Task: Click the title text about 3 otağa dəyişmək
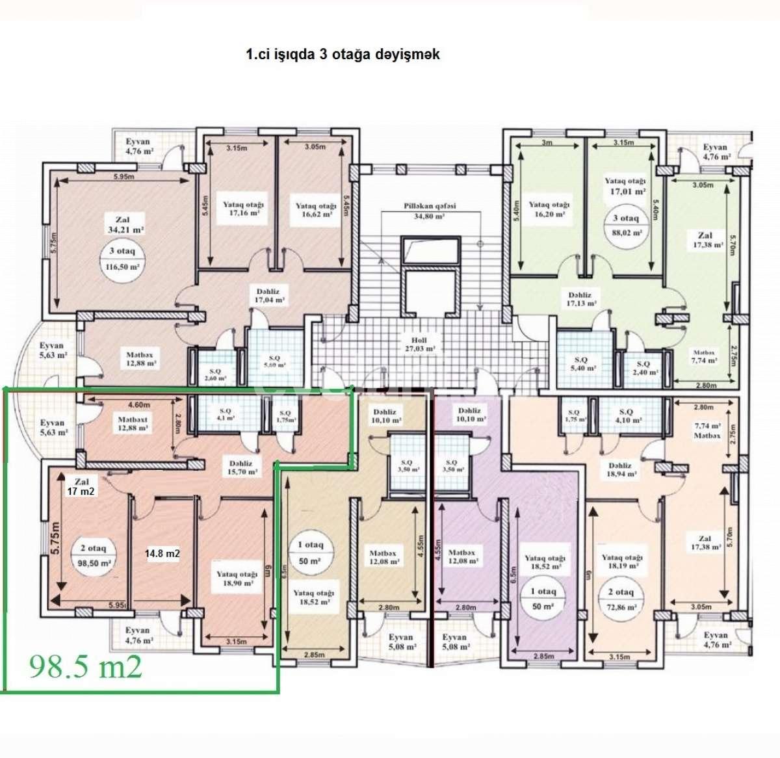[343, 55]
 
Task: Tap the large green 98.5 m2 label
[85, 666]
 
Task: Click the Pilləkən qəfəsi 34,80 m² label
[429, 211]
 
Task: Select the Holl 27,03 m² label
[419, 344]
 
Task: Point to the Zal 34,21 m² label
[125, 224]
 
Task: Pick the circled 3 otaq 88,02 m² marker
[625, 225]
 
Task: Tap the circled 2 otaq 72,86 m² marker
[620, 599]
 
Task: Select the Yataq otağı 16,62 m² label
[316, 209]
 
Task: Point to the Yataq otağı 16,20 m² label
[549, 209]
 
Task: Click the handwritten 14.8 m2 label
[162, 554]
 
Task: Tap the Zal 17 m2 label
[81, 487]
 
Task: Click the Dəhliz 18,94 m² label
[620, 470]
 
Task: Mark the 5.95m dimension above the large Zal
[123, 176]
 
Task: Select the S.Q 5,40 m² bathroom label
[582, 363]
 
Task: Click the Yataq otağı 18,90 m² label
[237, 579]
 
